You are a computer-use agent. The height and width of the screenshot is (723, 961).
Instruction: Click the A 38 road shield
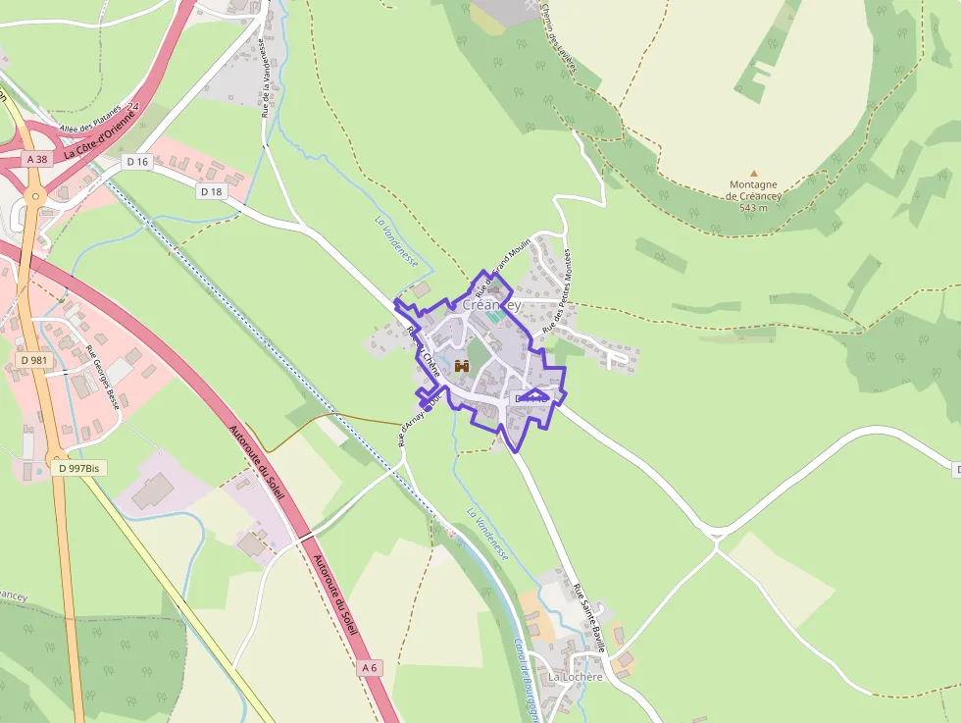[x=37, y=159]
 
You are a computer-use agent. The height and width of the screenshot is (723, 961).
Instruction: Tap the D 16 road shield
[x=136, y=162]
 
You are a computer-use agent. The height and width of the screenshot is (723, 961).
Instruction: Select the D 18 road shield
[x=211, y=191]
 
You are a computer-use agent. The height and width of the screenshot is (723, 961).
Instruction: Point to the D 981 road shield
[x=33, y=360]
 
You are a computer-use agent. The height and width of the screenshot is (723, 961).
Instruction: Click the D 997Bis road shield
[x=79, y=468]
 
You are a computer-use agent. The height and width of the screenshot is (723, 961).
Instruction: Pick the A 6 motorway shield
[x=369, y=667]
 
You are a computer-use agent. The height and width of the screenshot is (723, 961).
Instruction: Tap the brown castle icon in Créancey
[x=462, y=365]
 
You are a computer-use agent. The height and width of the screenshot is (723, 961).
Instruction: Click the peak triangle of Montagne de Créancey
[x=753, y=173]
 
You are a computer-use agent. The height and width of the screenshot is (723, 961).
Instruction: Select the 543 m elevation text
[x=753, y=207]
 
